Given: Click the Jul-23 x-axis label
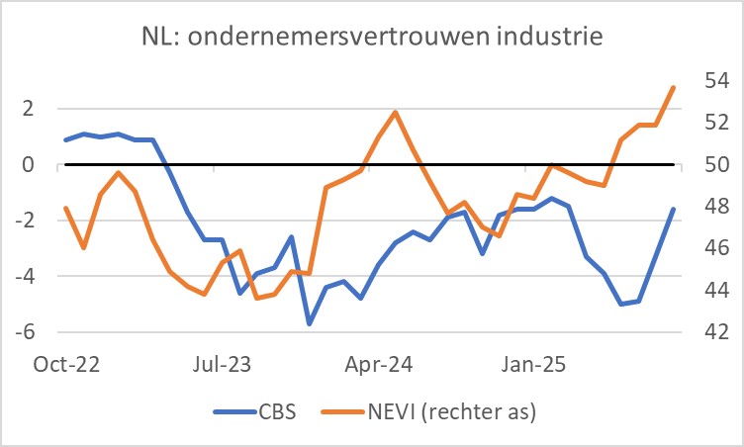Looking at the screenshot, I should point(219,363).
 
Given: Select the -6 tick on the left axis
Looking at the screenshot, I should point(38,331).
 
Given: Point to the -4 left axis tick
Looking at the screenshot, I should point(38,276).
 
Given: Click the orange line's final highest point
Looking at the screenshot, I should point(674,87).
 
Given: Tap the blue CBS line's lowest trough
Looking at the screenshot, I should point(309,323).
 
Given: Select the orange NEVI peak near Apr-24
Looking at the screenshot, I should point(396,112).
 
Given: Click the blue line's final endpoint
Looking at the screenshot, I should point(674,209).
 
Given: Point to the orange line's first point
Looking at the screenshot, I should point(65,208).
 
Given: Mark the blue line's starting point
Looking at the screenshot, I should point(65,139).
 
